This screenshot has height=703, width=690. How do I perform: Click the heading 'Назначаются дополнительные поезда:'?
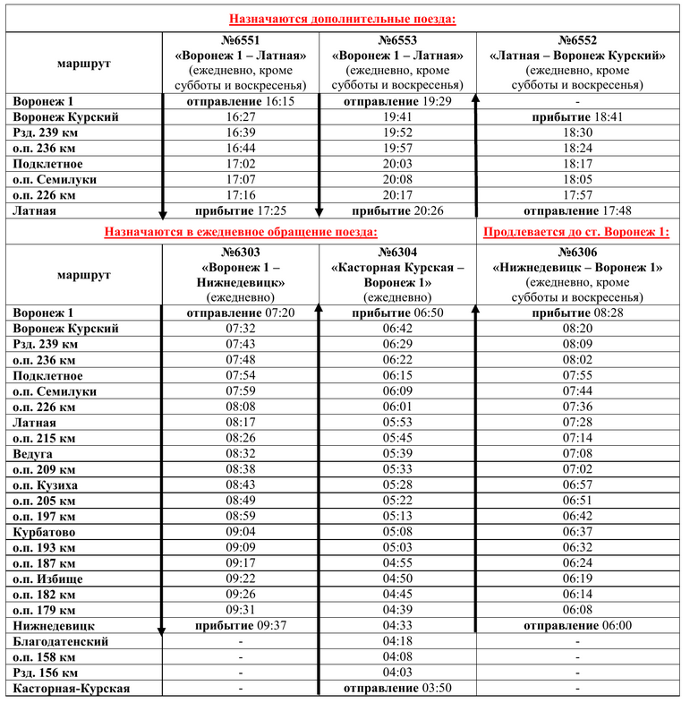(343, 19)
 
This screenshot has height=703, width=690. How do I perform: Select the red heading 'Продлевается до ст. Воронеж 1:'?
(575, 231)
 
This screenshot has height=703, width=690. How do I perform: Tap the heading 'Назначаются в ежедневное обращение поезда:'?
(241, 231)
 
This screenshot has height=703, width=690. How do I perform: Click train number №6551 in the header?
(240, 41)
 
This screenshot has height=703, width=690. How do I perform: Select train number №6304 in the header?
(398, 253)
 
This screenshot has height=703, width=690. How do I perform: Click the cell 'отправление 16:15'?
(240, 102)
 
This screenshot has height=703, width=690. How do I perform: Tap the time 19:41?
(397, 117)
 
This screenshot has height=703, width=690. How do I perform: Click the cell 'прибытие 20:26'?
(397, 211)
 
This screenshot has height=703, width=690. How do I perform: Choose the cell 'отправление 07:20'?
(240, 313)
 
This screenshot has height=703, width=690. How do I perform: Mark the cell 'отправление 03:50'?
(397, 688)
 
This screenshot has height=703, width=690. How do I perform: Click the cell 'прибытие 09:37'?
(240, 625)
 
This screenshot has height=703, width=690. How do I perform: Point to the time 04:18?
(397, 641)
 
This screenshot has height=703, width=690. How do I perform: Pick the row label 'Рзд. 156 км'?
(46, 673)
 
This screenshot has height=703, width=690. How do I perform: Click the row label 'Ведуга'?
(34, 453)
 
